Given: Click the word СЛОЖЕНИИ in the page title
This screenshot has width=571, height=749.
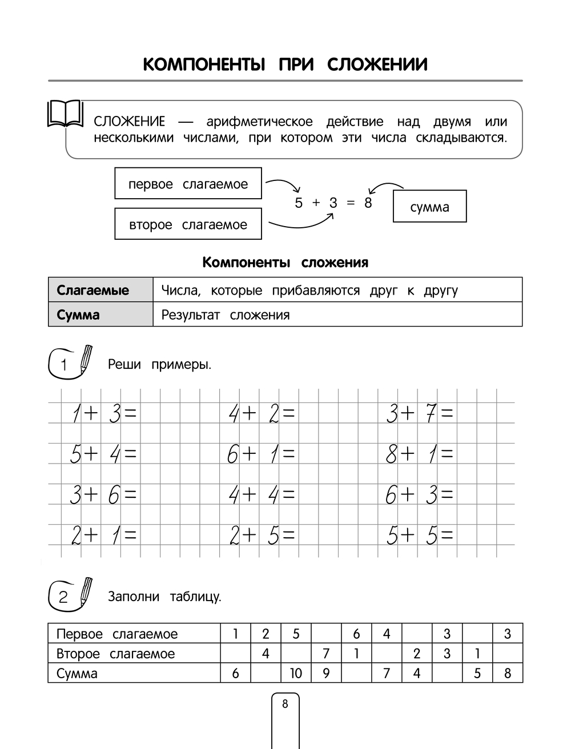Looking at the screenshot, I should [377, 65].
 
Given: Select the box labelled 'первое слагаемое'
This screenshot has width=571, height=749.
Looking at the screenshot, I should [188, 184].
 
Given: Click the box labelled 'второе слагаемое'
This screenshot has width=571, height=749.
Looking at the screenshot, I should [188, 224].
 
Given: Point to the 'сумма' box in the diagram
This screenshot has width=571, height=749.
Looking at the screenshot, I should [429, 207].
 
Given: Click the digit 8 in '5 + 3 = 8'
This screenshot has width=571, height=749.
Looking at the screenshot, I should [368, 203].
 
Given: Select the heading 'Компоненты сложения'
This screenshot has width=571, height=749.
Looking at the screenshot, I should [285, 263].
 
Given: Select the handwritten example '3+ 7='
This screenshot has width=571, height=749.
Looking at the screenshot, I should [420, 413].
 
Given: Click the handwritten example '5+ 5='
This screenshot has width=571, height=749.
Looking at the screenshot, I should [420, 535].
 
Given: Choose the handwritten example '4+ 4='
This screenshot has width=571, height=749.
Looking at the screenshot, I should [262, 495].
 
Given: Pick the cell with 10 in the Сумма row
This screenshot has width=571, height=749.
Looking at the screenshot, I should [296, 673].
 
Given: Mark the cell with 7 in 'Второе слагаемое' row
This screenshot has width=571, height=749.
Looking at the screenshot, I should [326, 653].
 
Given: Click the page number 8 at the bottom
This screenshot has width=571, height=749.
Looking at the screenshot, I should [285, 704].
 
